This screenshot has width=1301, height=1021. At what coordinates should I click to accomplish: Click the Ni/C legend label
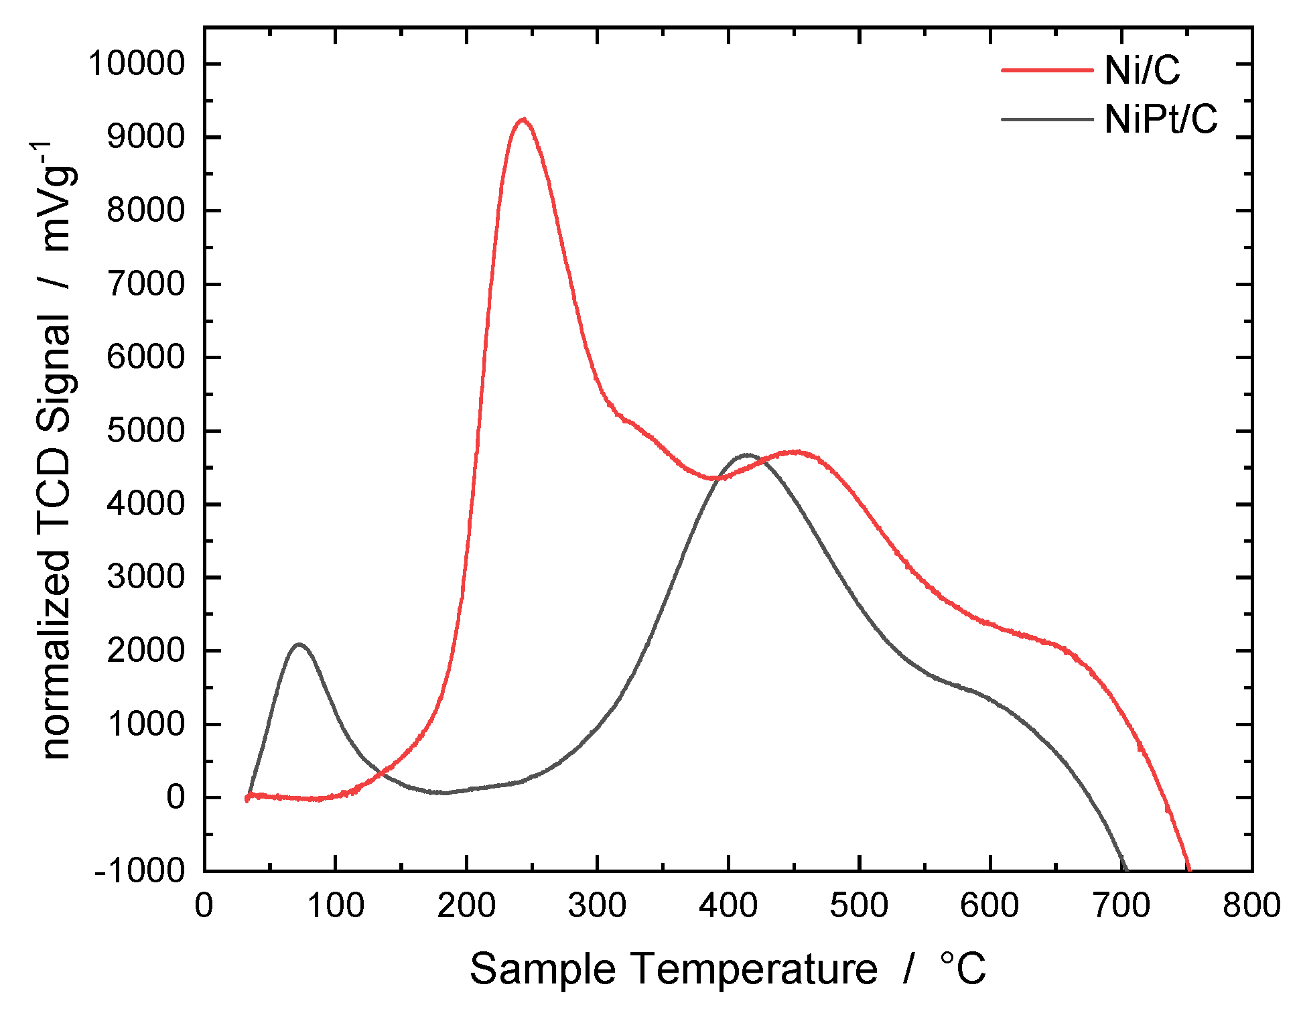coord(1142,69)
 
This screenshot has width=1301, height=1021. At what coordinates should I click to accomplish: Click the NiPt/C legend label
coord(1160,119)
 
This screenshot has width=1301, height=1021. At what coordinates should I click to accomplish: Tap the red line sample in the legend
coord(1046,69)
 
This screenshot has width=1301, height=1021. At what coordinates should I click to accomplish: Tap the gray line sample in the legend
coord(1046,119)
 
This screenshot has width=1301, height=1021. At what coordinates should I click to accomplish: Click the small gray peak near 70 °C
coord(299,644)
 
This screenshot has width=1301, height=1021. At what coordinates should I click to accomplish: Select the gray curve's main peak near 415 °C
coord(746,455)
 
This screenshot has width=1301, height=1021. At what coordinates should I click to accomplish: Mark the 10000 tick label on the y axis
coord(137,64)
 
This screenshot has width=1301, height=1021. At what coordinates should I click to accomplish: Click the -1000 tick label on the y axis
coord(139,871)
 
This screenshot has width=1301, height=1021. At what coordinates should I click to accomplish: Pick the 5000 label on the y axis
coord(145,431)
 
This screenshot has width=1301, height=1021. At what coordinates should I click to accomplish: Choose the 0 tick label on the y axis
coord(176,797)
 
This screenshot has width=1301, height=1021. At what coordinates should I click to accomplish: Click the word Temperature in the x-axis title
coord(754,969)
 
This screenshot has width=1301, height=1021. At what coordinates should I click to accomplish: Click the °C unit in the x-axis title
coord(963,969)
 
